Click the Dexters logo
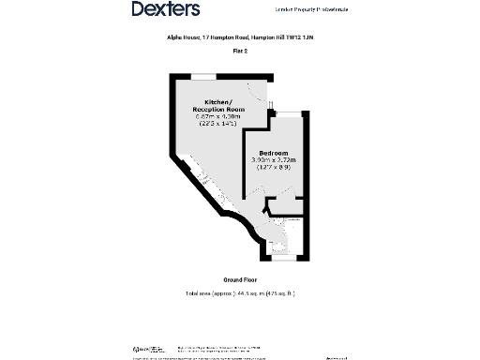pos(165,9)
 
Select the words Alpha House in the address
pos(168,39)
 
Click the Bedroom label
pos(273,153)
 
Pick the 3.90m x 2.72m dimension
pos(273,160)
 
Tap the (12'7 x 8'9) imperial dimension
pos(273,168)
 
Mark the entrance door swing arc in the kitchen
pos(260,94)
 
